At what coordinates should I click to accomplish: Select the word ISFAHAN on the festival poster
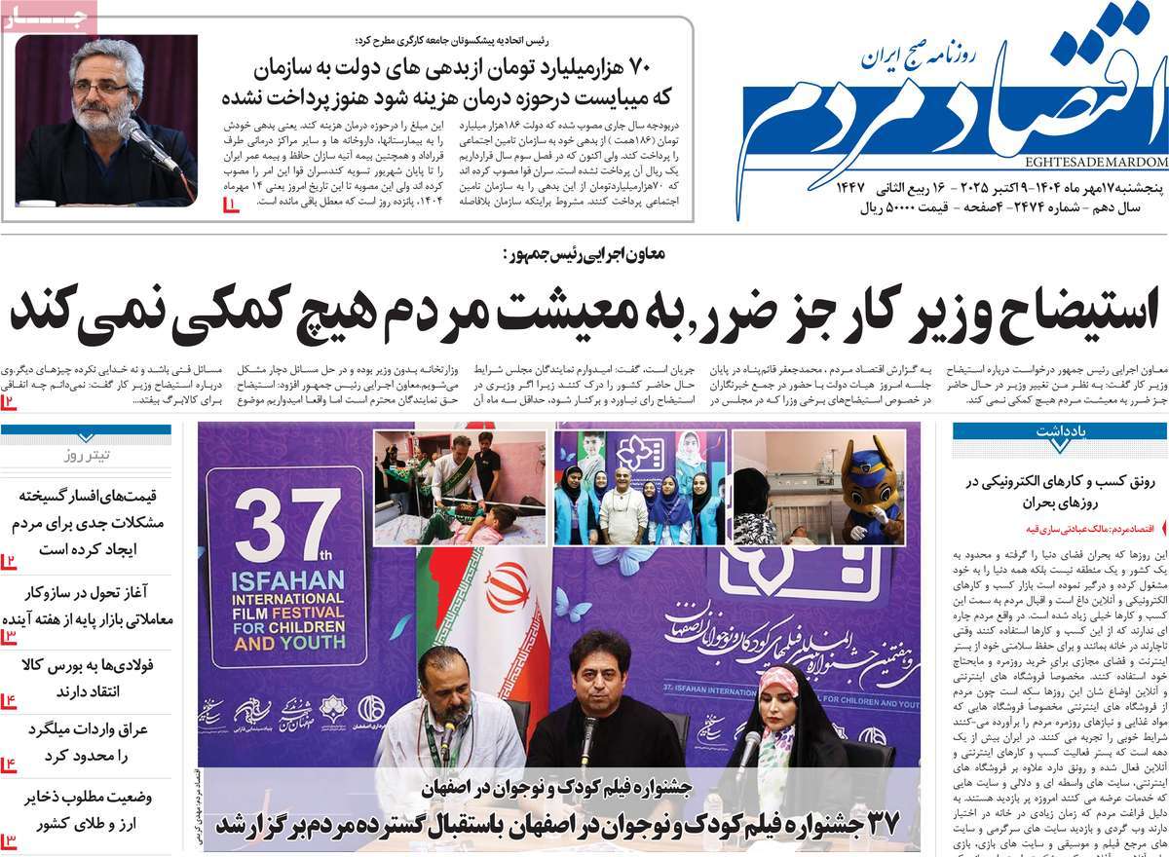289,579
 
